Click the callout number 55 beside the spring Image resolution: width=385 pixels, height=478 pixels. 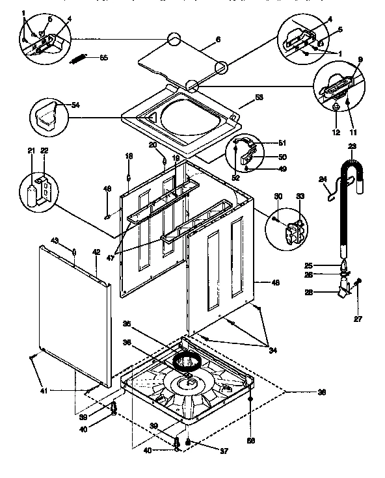pos(103,58)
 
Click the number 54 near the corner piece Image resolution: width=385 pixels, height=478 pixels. pos(76,105)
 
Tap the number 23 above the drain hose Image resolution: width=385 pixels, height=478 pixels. pos(352,146)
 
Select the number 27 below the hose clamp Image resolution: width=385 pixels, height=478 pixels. pos(357,318)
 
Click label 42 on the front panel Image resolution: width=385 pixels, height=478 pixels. pos(96,252)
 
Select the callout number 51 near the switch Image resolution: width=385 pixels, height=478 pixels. pos(282,142)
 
